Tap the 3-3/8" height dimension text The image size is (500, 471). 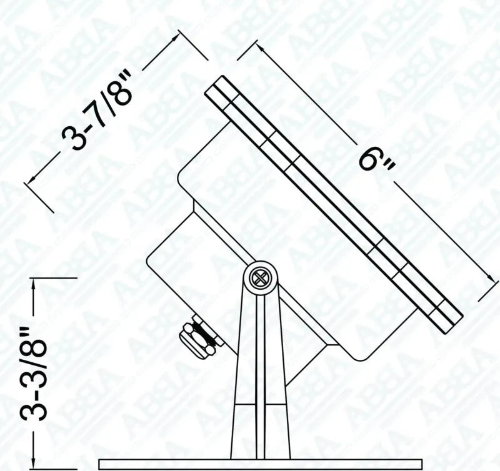(34, 373)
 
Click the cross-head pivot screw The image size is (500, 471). (259, 278)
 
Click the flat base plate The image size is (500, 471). (261, 464)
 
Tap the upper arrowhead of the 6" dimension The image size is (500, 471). (260, 48)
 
